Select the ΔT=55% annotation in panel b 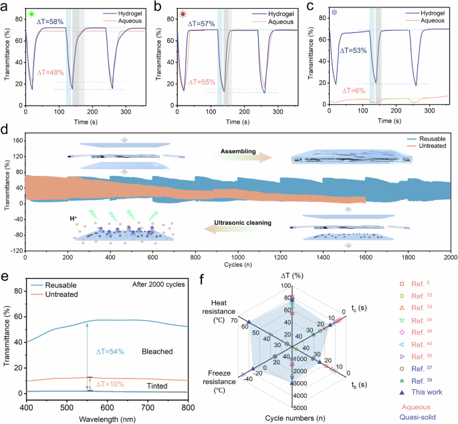[x=205, y=81]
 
